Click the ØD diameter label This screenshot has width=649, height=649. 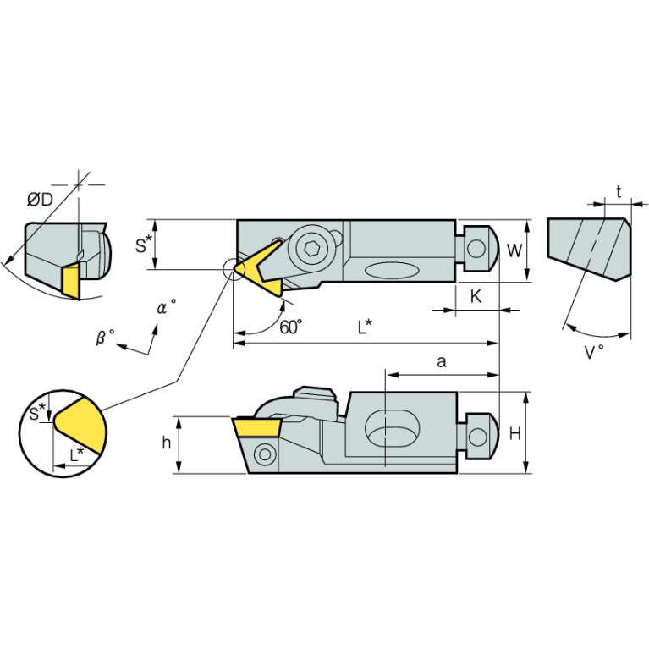pos(40,200)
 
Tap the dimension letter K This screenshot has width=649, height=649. pos(476,296)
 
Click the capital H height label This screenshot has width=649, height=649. pos(514,434)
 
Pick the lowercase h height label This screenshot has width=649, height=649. pos(167,443)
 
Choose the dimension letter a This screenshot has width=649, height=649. pos(442,361)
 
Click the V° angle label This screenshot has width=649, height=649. pos(594,352)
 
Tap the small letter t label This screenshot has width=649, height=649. pos(619,192)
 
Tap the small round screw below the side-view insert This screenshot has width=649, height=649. pos(266,454)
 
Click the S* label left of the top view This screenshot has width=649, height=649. pos(144,246)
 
